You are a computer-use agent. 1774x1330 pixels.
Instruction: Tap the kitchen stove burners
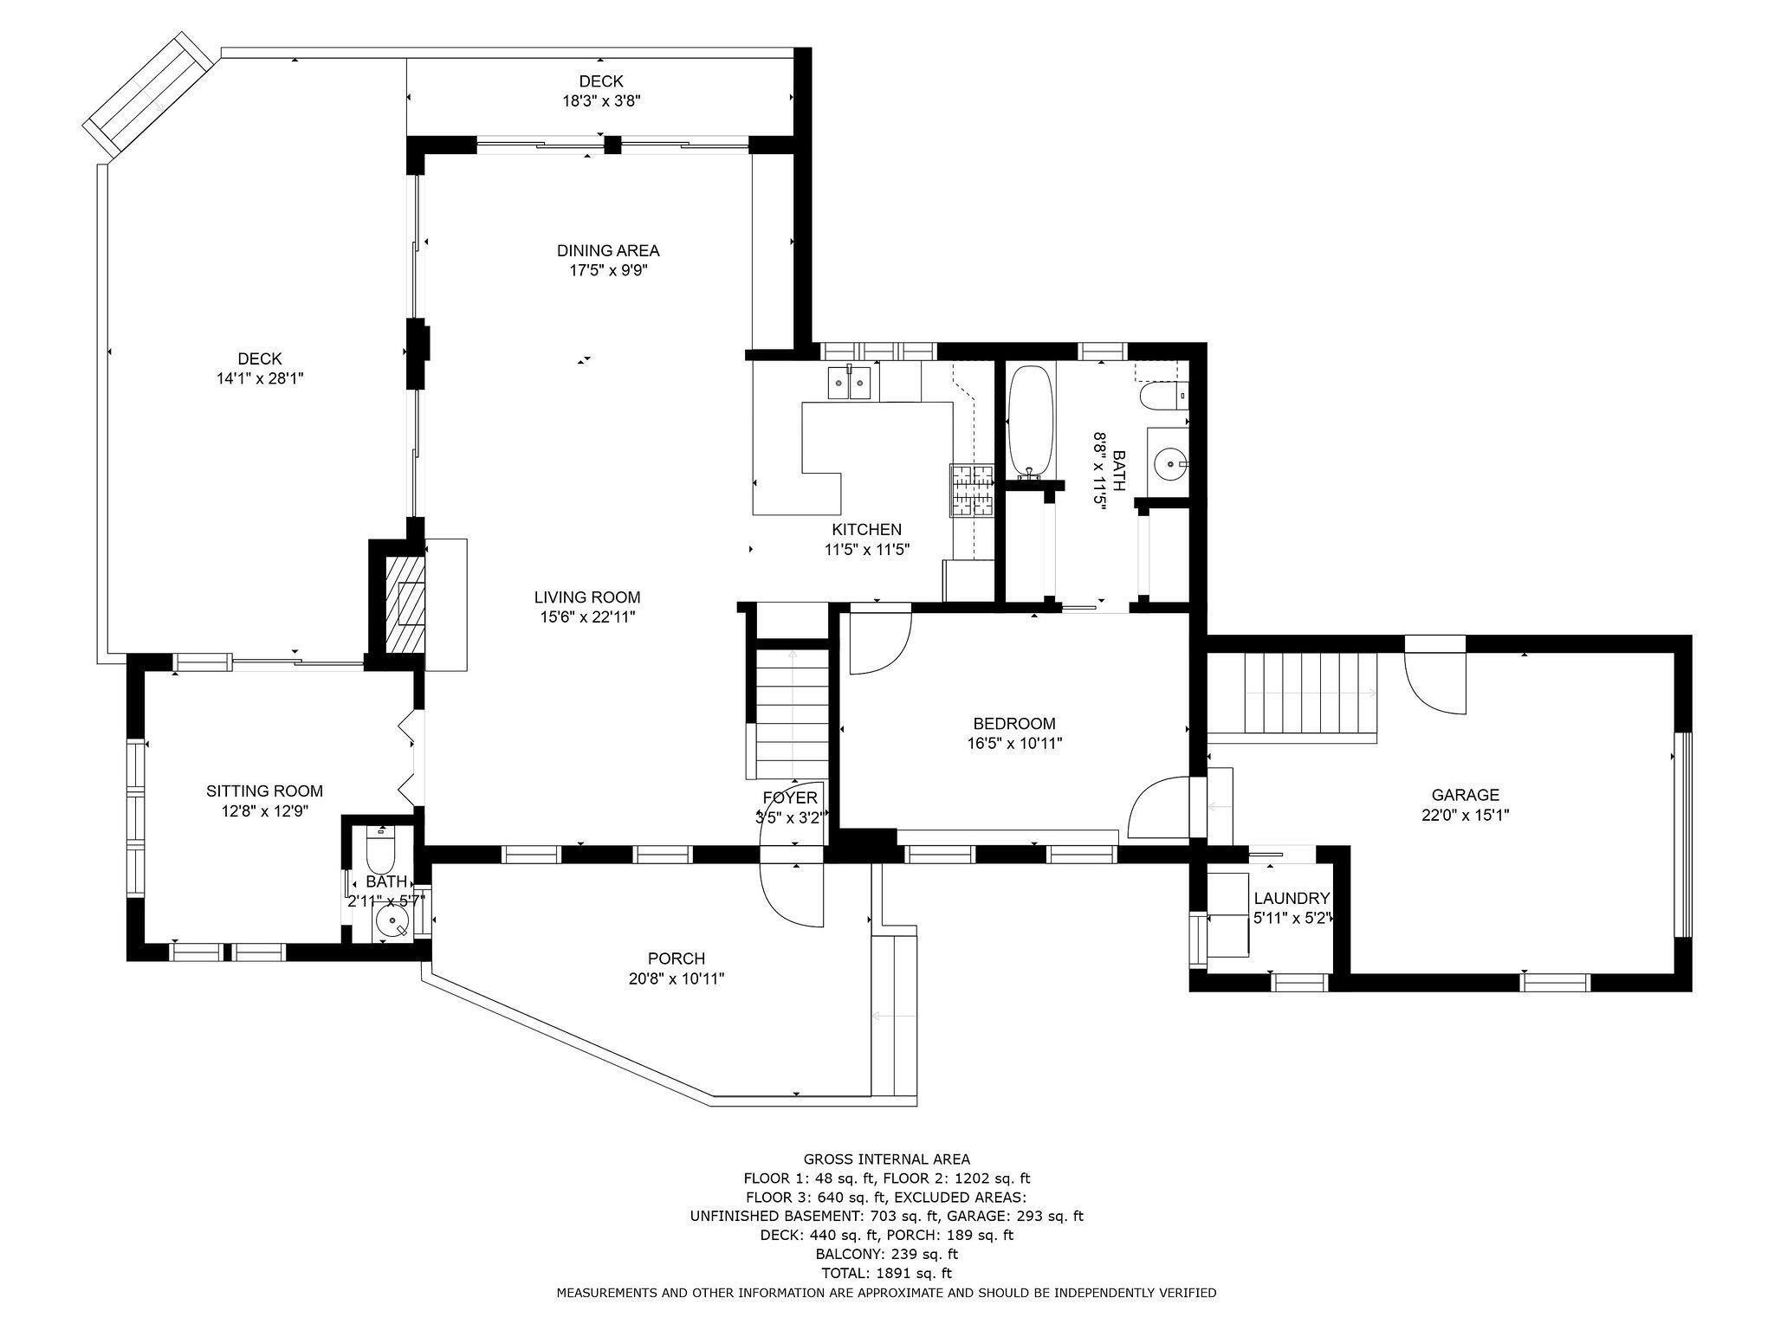click(x=973, y=490)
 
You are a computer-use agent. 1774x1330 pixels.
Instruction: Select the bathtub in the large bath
click(x=1030, y=422)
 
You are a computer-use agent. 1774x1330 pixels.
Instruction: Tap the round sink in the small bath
click(x=393, y=924)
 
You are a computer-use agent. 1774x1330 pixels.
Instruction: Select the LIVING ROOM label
click(x=586, y=597)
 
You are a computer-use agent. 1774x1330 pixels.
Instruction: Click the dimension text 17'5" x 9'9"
click(x=608, y=270)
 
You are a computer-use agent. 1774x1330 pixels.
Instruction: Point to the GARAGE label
click(x=1465, y=794)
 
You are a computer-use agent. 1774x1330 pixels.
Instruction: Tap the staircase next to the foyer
click(x=793, y=714)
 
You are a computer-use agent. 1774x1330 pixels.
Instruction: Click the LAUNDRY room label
click(x=1291, y=898)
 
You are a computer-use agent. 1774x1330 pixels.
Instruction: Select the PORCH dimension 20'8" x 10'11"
click(x=676, y=978)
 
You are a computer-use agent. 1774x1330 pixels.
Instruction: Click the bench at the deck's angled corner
click(x=148, y=95)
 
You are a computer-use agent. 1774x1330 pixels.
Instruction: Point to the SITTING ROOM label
click(x=264, y=791)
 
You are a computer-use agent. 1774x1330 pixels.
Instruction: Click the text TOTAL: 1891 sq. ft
click(x=886, y=1273)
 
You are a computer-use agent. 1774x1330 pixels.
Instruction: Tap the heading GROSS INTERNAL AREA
click(x=886, y=1159)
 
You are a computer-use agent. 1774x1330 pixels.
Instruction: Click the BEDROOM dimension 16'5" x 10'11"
click(x=1014, y=743)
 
